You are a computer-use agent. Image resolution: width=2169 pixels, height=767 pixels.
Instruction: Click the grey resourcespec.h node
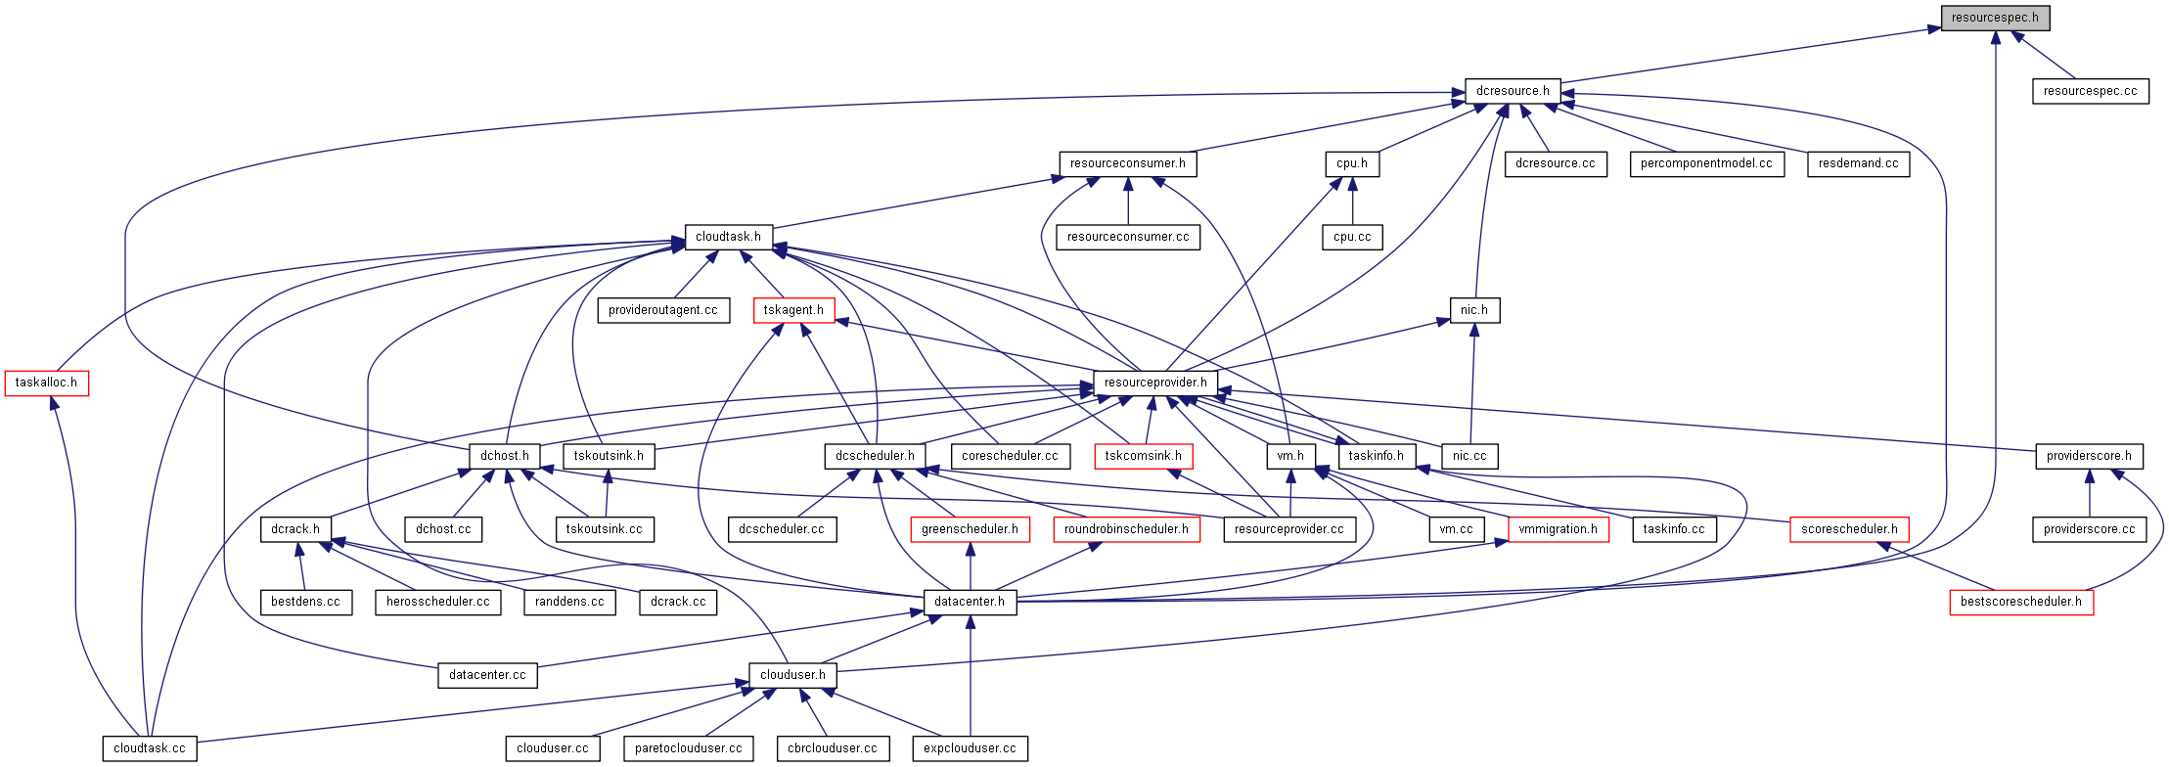pos(1994,18)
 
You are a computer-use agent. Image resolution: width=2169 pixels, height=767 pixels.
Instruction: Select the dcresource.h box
pos(1512,91)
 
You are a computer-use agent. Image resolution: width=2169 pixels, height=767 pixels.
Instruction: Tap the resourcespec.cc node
pos(2090,91)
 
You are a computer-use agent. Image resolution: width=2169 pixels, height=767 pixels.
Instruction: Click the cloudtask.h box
pos(728,237)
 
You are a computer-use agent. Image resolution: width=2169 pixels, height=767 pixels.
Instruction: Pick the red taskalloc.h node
pos(46,383)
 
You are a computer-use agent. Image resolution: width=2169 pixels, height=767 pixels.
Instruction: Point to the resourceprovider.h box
pos(1154,383)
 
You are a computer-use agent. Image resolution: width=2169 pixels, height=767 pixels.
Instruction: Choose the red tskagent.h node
pos(793,310)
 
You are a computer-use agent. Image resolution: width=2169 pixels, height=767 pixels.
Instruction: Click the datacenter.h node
pos(969,602)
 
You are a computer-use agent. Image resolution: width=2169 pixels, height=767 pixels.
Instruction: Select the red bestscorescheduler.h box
pos(2020,602)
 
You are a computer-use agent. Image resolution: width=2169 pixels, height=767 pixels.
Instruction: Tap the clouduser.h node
pos(792,675)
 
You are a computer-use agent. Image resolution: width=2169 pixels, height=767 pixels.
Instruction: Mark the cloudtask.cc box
pos(149,748)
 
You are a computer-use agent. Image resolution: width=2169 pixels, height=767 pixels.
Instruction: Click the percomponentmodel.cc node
pos(1705,163)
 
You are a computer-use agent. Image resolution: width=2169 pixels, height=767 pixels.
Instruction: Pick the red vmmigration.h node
pos(1558,529)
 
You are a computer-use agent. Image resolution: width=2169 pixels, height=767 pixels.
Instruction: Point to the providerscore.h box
pos(2088,456)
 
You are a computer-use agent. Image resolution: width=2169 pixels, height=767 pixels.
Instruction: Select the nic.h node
pos(1473,310)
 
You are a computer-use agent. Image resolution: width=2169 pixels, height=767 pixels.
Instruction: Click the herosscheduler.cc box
pos(437,602)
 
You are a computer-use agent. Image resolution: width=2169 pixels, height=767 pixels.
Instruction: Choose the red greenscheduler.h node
pos(970,529)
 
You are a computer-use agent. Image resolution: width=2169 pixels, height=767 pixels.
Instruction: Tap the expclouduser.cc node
pos(970,748)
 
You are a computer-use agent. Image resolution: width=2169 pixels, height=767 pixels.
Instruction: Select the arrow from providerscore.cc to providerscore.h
pos(2089,493)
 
